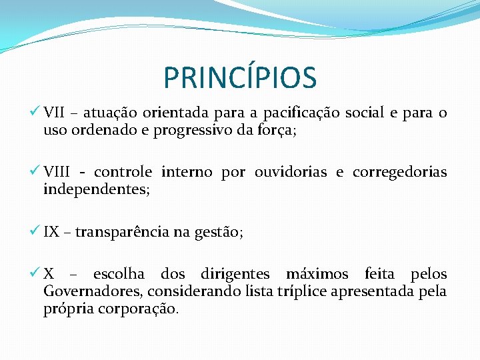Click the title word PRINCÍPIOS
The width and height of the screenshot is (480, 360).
pyautogui.click(x=240, y=77)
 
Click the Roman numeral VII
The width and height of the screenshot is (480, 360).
pyautogui.click(x=54, y=113)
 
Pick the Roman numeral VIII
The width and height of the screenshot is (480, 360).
pyautogui.click(x=57, y=173)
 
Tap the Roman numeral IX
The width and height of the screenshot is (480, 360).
pyautogui.click(x=51, y=232)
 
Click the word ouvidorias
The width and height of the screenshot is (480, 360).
pyautogui.click(x=291, y=173)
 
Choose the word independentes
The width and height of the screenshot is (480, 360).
pyautogui.click(x=96, y=190)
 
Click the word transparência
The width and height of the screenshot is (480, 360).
pyautogui.click(x=122, y=233)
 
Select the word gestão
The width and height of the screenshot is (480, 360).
pyautogui.click(x=218, y=233)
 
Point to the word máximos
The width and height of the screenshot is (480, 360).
pyautogui.click(x=317, y=274)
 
